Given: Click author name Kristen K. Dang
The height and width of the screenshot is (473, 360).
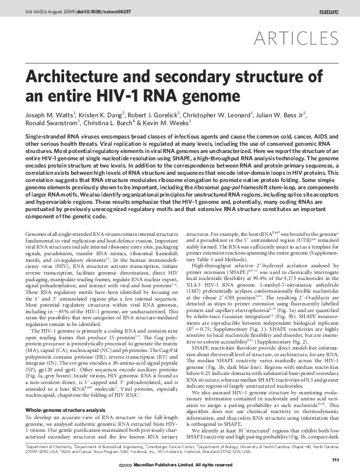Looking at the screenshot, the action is [102, 113].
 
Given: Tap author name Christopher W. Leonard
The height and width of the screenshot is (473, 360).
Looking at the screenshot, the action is [224, 113].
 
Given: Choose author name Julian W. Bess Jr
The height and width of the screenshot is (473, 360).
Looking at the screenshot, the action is [287, 113].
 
